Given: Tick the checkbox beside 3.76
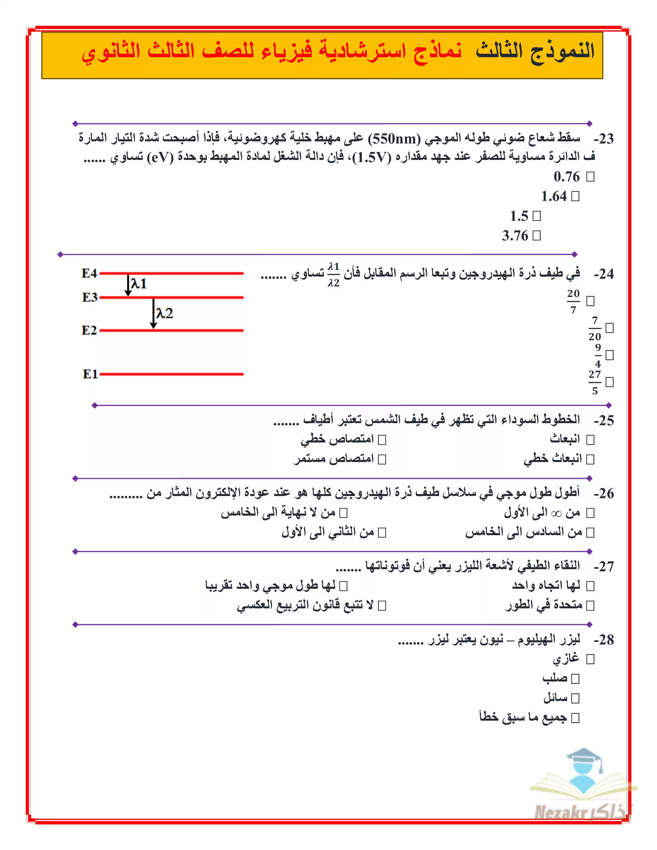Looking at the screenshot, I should pyautogui.click(x=537, y=235).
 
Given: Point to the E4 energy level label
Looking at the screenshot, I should pyautogui.click(x=89, y=273).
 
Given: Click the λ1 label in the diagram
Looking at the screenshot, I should pyautogui.click(x=139, y=284).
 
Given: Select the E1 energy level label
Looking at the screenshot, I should pyautogui.click(x=90, y=374).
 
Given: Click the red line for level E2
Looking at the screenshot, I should pyautogui.click(x=171, y=330).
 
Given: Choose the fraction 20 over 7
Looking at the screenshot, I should pyautogui.click(x=573, y=301).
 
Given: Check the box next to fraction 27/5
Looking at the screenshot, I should pyautogui.click(x=610, y=382).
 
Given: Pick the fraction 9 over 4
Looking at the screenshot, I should pyautogui.click(x=598, y=355).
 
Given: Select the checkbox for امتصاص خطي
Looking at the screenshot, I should pyautogui.click(x=382, y=440).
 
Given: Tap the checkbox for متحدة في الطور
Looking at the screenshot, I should pyautogui.click(x=590, y=606).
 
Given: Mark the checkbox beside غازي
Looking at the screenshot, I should pyautogui.click(x=590, y=659).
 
